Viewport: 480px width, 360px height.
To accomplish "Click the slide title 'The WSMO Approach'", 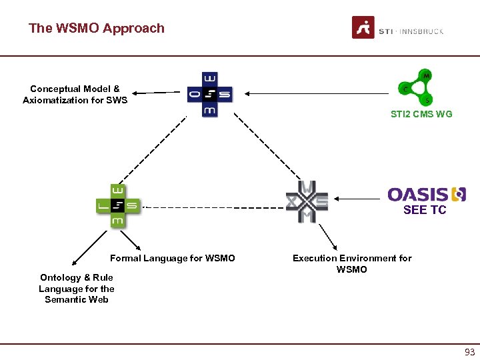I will click(97, 28).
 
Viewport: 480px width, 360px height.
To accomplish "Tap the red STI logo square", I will click(363, 28).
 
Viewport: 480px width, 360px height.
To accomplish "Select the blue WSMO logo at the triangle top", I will click(209, 94).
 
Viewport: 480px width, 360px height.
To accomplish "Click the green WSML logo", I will click(117, 206).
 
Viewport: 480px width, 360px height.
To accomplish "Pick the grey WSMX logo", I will click(307, 201).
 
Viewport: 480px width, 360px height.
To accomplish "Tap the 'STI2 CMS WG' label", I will click(421, 114).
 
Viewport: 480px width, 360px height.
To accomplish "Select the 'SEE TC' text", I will click(425, 210).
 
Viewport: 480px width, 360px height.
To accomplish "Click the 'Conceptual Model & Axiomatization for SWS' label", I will click(75, 95).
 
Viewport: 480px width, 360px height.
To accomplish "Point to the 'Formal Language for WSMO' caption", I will click(173, 258).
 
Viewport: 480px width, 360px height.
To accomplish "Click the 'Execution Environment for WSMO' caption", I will click(352, 263).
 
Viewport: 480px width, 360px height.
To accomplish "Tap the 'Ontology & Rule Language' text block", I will click(76, 289).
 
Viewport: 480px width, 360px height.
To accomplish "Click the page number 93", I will click(469, 352).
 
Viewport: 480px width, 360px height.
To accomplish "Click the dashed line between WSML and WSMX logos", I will click(213, 207).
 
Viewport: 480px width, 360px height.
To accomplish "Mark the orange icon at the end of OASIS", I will click(459, 194).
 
